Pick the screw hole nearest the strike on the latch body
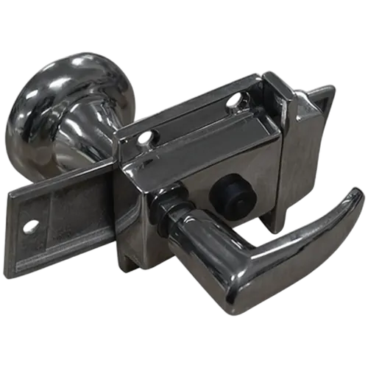coord(235,99)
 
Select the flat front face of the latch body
coord(221,169)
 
